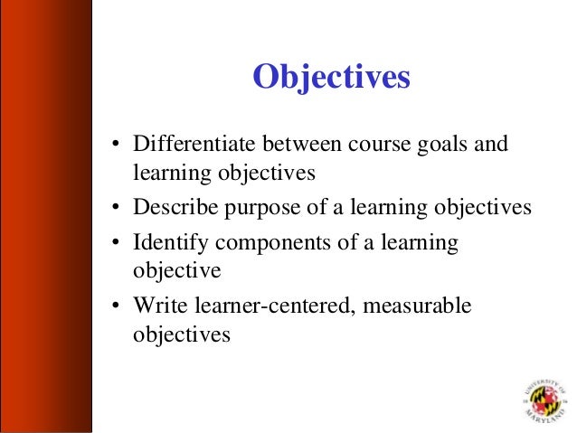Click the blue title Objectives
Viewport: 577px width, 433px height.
pos(331,79)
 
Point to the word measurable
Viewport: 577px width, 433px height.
pos(420,306)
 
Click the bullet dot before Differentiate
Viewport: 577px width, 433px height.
pos(116,146)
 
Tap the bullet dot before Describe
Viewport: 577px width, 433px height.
pos(116,209)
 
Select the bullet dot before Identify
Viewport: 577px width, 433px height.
pos(116,244)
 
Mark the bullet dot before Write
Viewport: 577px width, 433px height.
pos(116,307)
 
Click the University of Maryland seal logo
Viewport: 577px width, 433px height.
pos(542,400)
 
